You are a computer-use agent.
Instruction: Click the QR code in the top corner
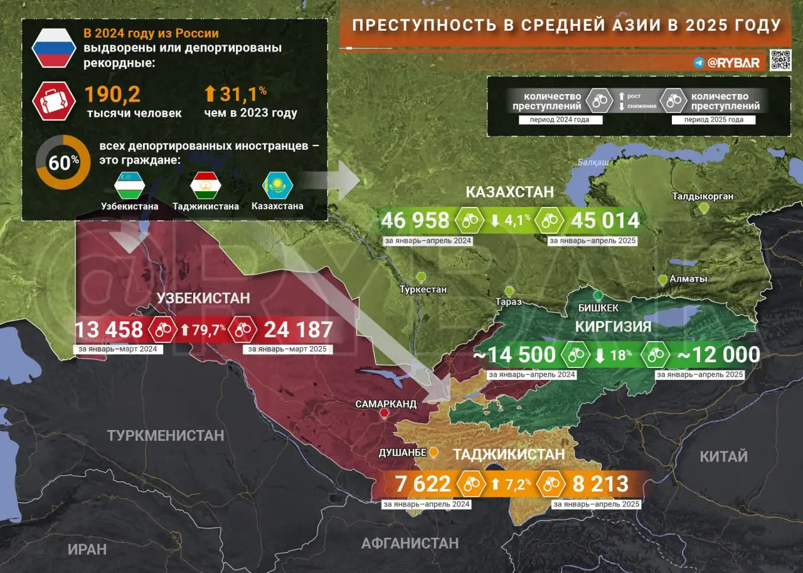coord(780,60)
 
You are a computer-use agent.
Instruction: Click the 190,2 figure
coord(112,94)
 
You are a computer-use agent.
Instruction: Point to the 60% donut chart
coord(63,162)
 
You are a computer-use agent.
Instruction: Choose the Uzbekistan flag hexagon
coord(130,186)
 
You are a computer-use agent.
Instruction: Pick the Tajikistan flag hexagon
coord(205,186)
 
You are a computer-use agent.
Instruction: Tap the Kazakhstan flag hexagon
coord(277,186)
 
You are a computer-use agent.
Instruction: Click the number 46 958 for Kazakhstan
coord(415,221)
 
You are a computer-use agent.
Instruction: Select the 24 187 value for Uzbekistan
coord(298,330)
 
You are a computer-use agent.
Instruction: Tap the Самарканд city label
coord(385,404)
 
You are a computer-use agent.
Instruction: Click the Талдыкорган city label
coord(703,197)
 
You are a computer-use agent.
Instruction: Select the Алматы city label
coord(688,279)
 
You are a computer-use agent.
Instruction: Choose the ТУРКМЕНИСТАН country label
coord(165,435)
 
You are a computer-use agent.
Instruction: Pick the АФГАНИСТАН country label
coord(410,543)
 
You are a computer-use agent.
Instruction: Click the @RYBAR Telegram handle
coord(733,63)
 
